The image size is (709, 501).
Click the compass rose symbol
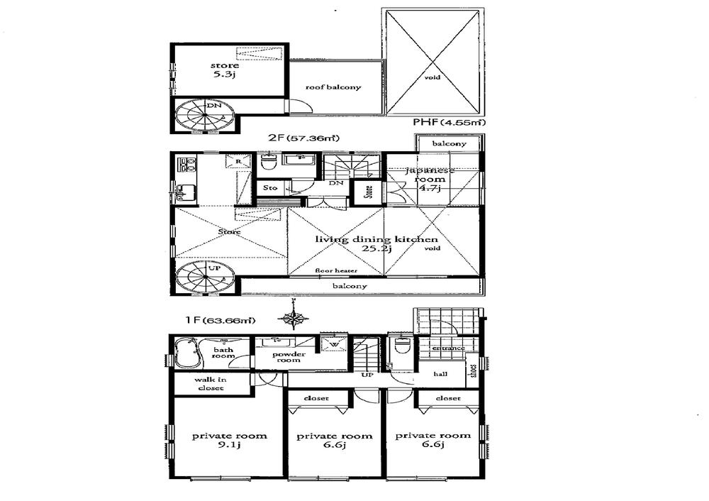(293, 319)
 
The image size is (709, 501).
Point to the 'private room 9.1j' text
(229, 441)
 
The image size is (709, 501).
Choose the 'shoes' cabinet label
(471, 372)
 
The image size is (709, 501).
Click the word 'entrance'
(447, 348)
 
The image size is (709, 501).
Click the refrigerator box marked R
(238, 163)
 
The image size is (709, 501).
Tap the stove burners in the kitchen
(186, 165)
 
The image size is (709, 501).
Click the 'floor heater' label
(337, 271)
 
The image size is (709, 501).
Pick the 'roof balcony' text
(333, 87)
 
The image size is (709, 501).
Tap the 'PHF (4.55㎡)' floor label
(450, 122)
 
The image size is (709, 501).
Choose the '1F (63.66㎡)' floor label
(220, 321)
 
